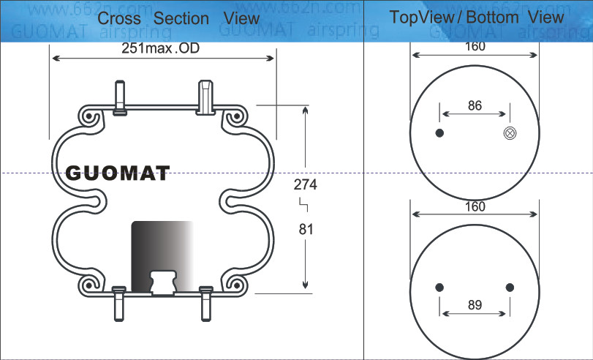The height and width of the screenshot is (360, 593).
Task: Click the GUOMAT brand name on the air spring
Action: (118, 173)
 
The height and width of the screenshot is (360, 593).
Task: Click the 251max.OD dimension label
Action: (161, 48)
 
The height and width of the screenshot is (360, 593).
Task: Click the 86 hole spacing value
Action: (475, 105)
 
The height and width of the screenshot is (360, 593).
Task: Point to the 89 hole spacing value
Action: (475, 305)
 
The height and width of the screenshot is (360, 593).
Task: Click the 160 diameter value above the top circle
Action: (475, 47)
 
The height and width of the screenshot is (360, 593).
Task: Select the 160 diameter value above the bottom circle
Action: (475, 207)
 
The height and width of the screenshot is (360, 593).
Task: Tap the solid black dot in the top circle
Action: (439, 133)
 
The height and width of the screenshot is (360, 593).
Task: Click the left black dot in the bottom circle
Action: (439, 286)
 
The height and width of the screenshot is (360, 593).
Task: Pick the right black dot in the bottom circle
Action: (510, 286)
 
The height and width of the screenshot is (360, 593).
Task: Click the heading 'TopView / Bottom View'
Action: (477, 17)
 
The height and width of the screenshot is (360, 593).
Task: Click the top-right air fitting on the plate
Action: (205, 97)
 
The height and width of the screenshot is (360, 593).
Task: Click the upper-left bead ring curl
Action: (88, 117)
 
